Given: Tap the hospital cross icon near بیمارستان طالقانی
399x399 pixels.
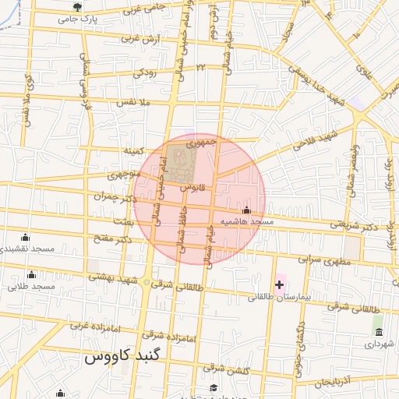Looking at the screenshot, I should pos(279,284).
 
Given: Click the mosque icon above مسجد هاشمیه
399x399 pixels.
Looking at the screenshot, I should pos(247,210).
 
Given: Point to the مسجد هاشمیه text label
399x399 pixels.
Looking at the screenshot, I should pos(247,222).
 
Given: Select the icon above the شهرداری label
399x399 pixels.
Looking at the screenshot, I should pos(379,331).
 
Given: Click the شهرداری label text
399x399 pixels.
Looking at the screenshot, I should pos(380,343).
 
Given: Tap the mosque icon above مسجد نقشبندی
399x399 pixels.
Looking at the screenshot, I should pos(25,237).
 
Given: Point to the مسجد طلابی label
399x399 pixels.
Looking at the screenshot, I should pos(31,287).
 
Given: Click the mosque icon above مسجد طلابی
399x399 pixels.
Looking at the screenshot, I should pos(31,274).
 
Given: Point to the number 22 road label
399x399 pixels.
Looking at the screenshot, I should pos(200,69).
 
